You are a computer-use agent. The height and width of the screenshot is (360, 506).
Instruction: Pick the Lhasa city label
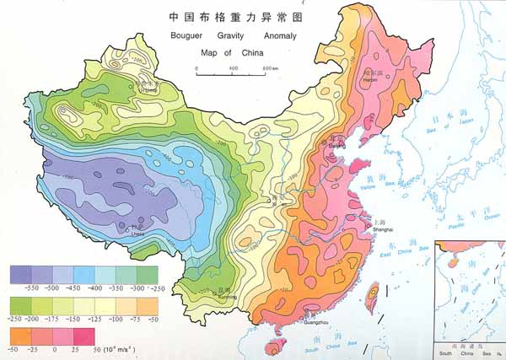coord(132,234)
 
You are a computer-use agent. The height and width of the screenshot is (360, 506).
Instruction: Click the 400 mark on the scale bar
coord(231,67)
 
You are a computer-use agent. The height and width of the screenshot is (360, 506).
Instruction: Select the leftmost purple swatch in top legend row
coord(20,274)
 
